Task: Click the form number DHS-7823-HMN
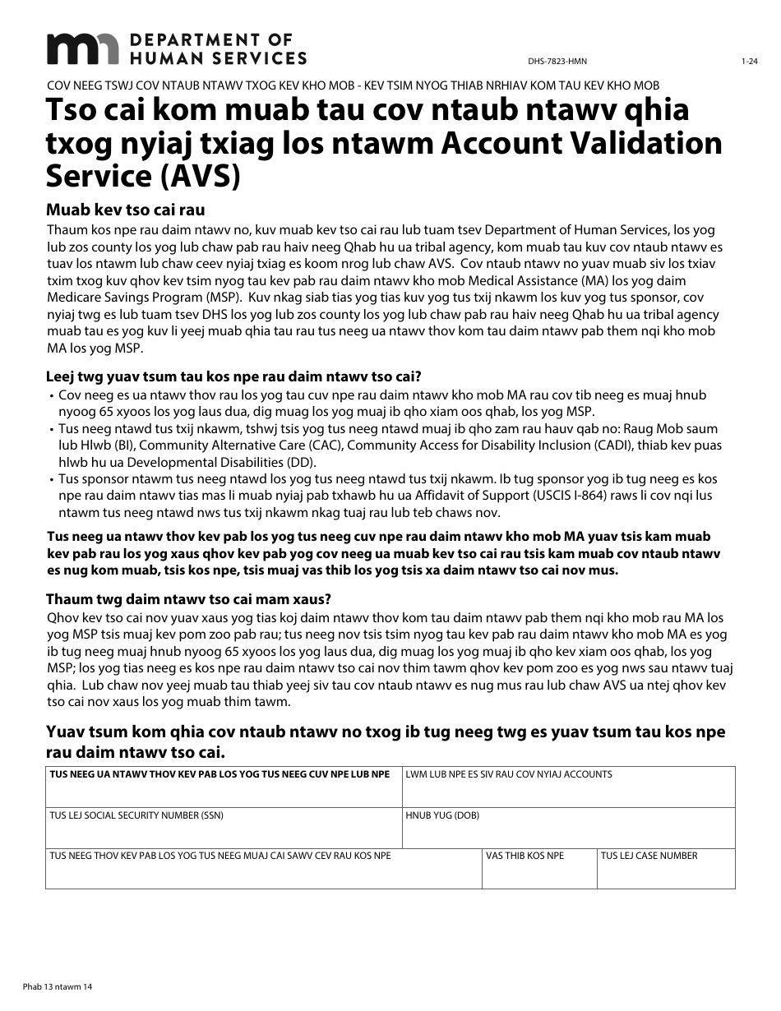pos(563,62)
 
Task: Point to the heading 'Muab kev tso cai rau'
pos(126,209)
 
